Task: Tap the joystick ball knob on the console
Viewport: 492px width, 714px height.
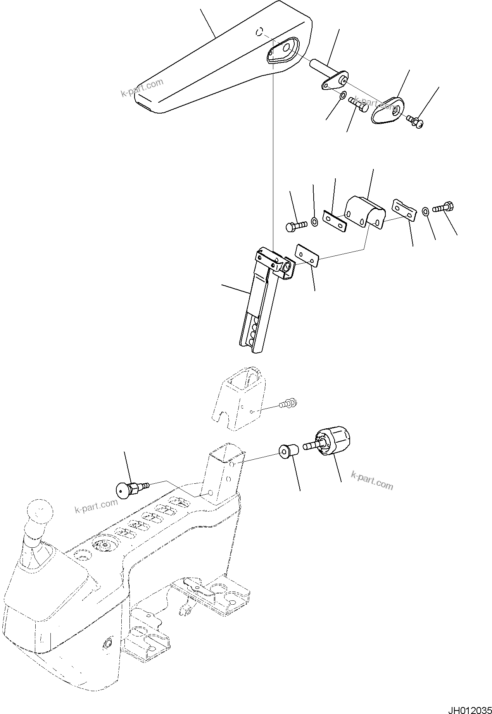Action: pyautogui.click(x=38, y=512)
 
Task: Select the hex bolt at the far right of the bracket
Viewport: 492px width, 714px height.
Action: pyautogui.click(x=444, y=207)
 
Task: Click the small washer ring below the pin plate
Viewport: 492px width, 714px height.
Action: pyautogui.click(x=342, y=96)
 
